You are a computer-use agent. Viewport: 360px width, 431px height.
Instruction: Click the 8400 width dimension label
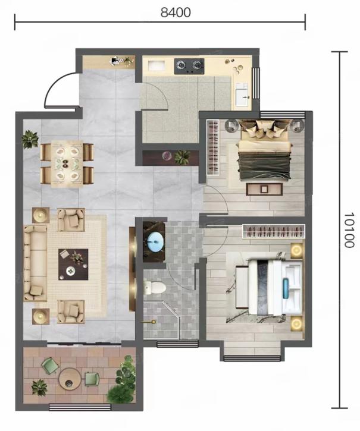[x=176, y=12]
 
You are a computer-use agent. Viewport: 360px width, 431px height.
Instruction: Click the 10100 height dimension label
[x=349, y=230]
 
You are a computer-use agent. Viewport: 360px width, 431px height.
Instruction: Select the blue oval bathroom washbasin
[x=155, y=241]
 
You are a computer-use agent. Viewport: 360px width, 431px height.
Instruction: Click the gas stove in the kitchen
[x=189, y=66]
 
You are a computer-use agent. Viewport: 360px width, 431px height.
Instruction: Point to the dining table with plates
[x=67, y=164]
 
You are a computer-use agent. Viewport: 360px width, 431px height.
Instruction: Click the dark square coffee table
[x=73, y=265]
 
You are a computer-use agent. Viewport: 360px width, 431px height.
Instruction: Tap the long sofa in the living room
[x=35, y=263]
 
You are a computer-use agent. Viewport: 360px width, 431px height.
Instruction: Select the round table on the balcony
[x=70, y=379]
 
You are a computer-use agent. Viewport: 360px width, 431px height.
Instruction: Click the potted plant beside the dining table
[x=29, y=139]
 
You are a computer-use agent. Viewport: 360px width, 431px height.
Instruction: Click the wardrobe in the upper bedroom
[x=213, y=147]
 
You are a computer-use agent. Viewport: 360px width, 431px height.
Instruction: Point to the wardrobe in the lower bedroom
[x=274, y=231]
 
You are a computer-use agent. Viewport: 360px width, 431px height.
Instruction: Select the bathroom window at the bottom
[x=177, y=344]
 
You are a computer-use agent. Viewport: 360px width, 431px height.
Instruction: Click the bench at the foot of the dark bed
[x=264, y=189]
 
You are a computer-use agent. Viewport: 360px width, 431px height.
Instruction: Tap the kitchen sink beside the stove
[x=156, y=66]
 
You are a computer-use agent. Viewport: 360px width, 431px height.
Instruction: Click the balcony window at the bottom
[x=80, y=407]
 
